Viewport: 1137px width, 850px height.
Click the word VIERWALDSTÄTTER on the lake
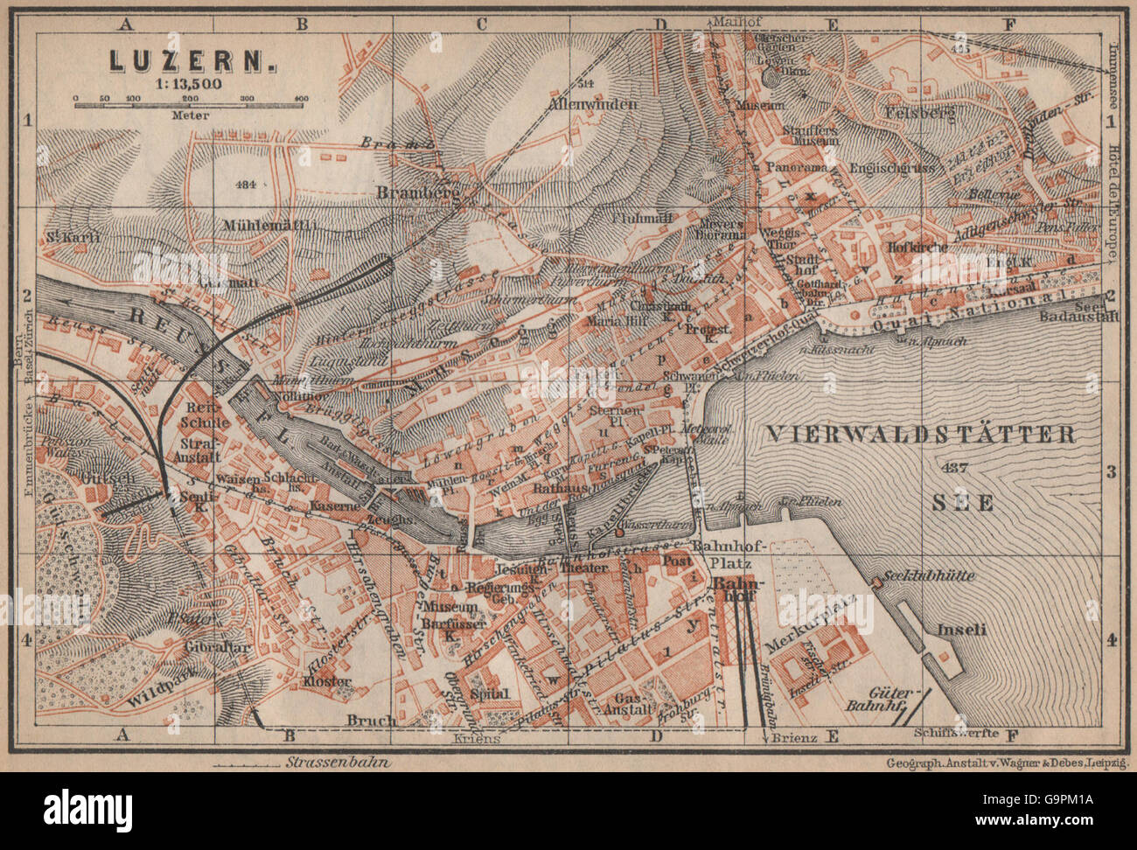(x=920, y=434)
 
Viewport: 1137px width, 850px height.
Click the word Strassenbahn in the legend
(x=338, y=762)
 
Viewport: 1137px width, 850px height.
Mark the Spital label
(x=489, y=693)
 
